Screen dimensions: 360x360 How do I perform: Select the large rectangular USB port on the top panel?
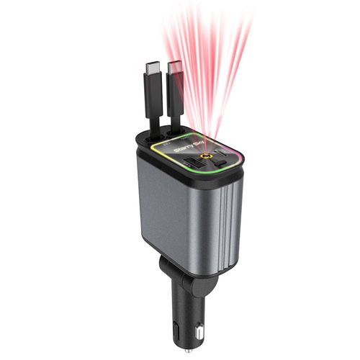[192, 164]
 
